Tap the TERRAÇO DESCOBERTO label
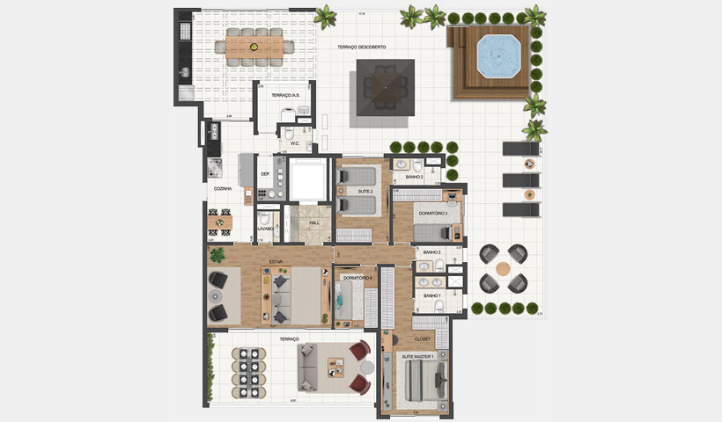tap(361, 47)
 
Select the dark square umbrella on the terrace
tap(384, 89)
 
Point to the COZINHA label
tap(222, 188)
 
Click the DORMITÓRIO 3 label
tap(432, 213)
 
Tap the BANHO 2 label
tap(415, 178)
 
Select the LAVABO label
tap(266, 229)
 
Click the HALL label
tap(314, 223)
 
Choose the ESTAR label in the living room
tap(275, 261)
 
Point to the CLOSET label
tap(422, 338)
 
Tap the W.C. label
tap(295, 143)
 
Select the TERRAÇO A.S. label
tap(286, 94)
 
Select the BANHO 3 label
tap(431, 253)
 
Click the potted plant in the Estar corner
tap(217, 255)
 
